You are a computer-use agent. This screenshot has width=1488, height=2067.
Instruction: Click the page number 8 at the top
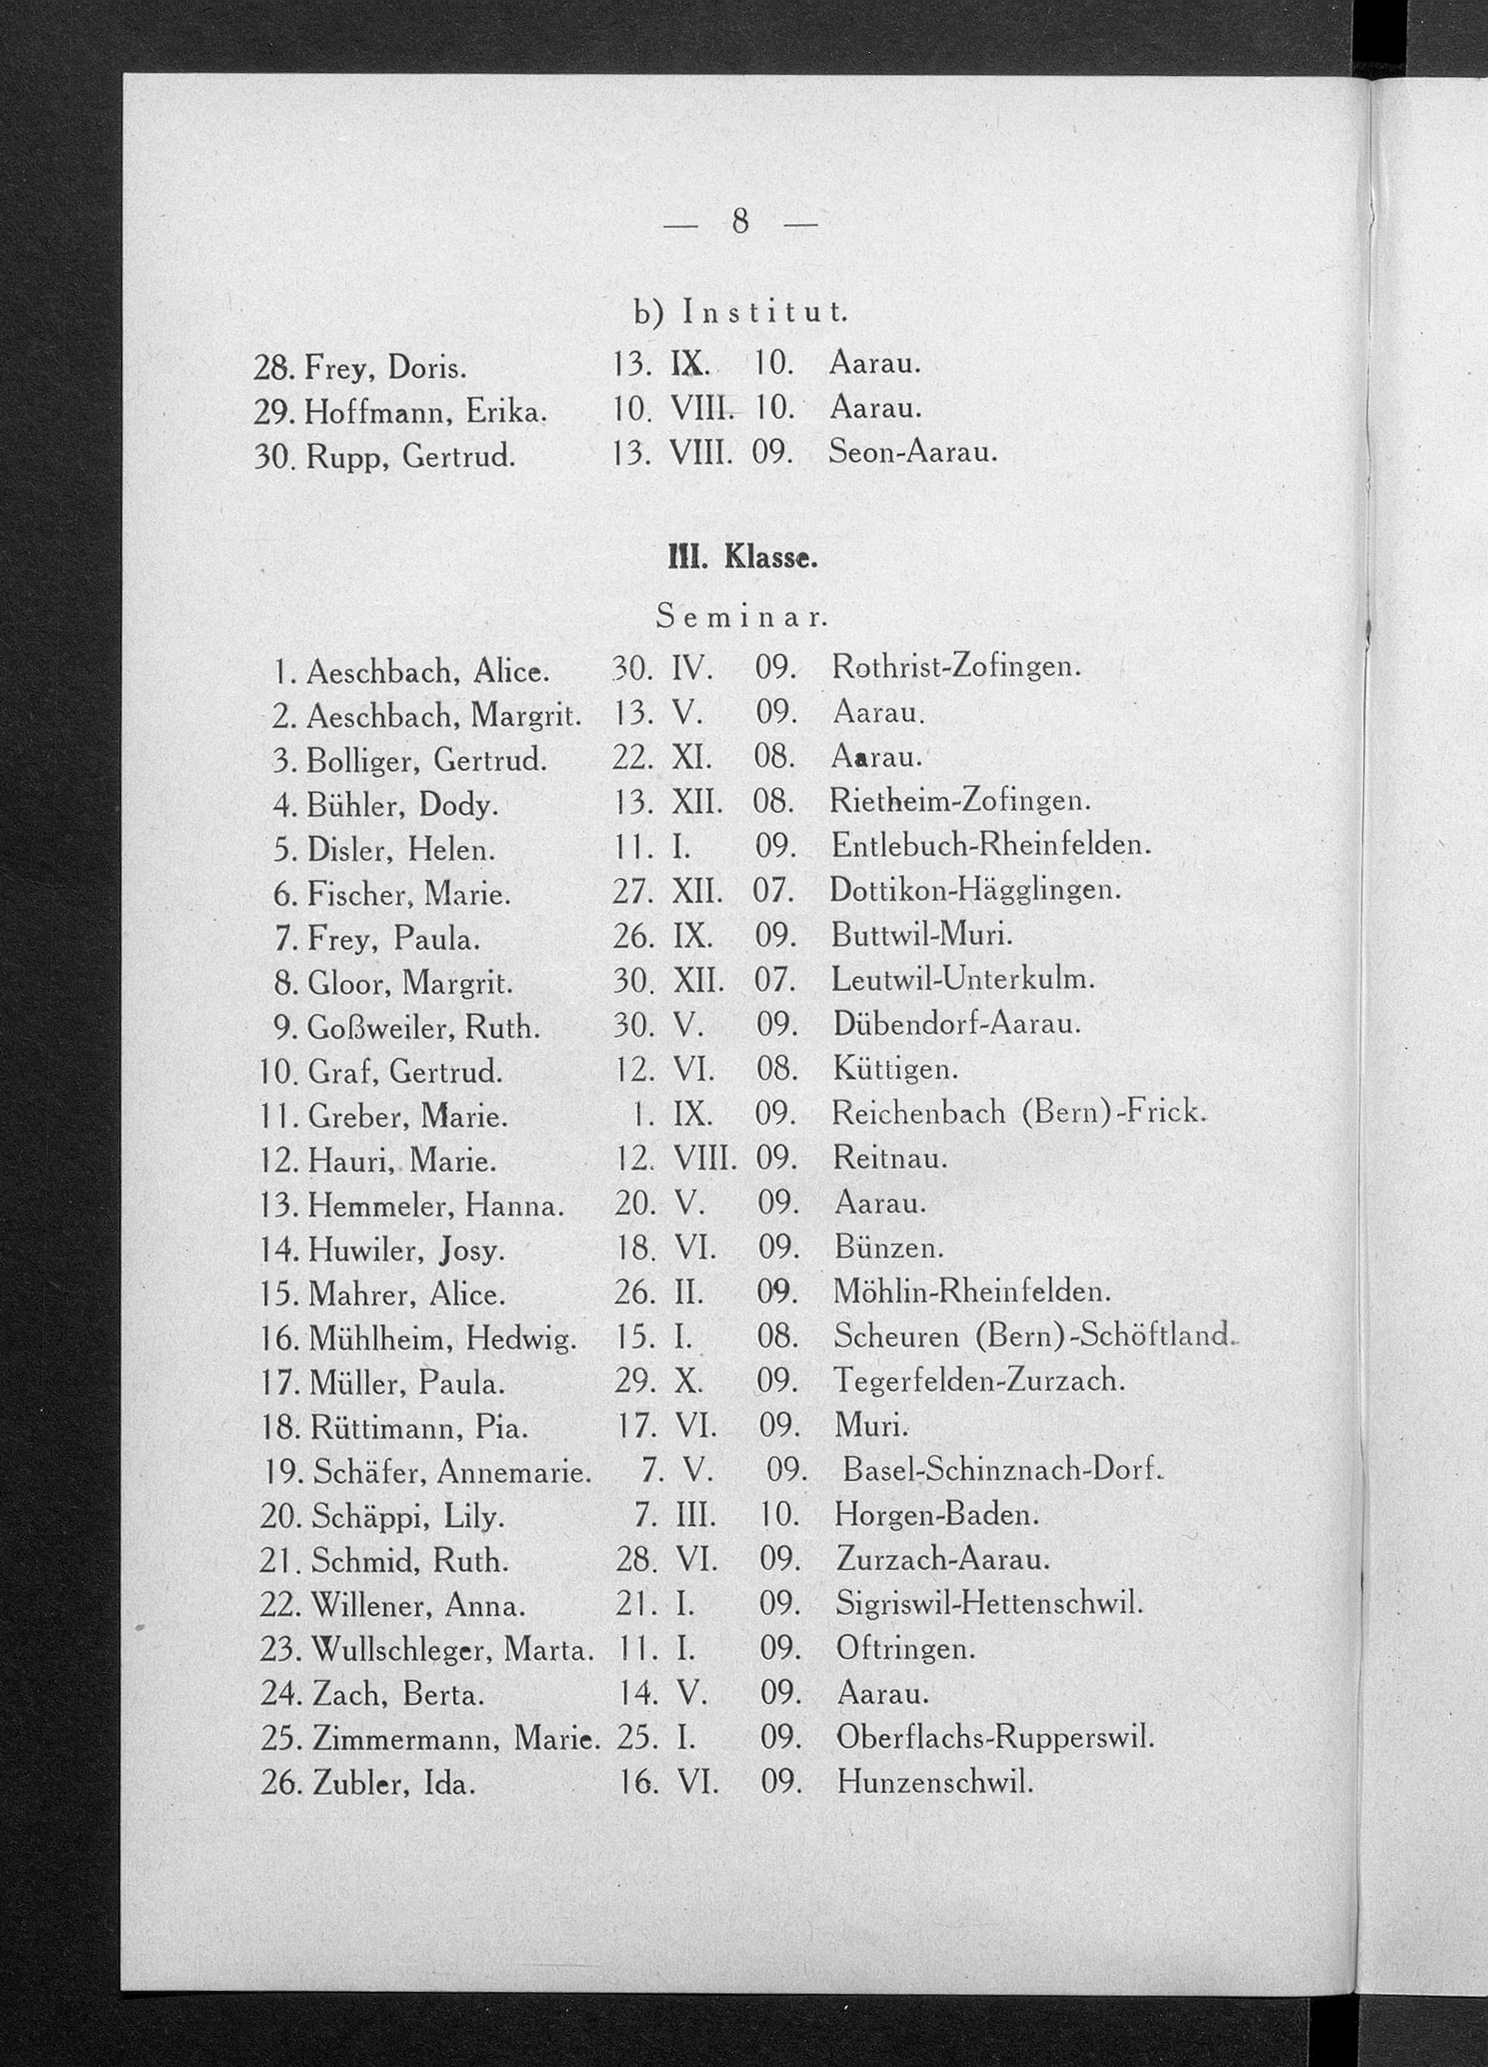coord(740,222)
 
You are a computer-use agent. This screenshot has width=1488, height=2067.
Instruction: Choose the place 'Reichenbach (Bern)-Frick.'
coord(1019,1113)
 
